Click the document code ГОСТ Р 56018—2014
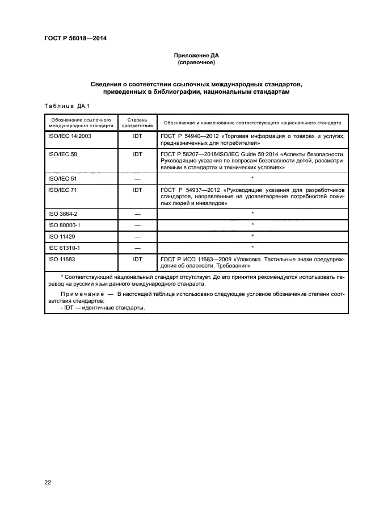(75, 39)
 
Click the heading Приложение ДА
(195, 56)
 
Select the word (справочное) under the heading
(195, 63)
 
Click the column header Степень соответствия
(137, 123)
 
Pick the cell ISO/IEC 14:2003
(71, 137)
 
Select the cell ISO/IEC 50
(62, 154)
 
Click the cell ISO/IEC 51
(62, 178)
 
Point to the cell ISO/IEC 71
(62, 190)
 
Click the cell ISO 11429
(62, 237)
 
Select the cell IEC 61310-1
(64, 248)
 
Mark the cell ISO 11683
(62, 260)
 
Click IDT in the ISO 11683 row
(137, 260)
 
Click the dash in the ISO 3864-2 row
(137, 214)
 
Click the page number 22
(48, 482)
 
